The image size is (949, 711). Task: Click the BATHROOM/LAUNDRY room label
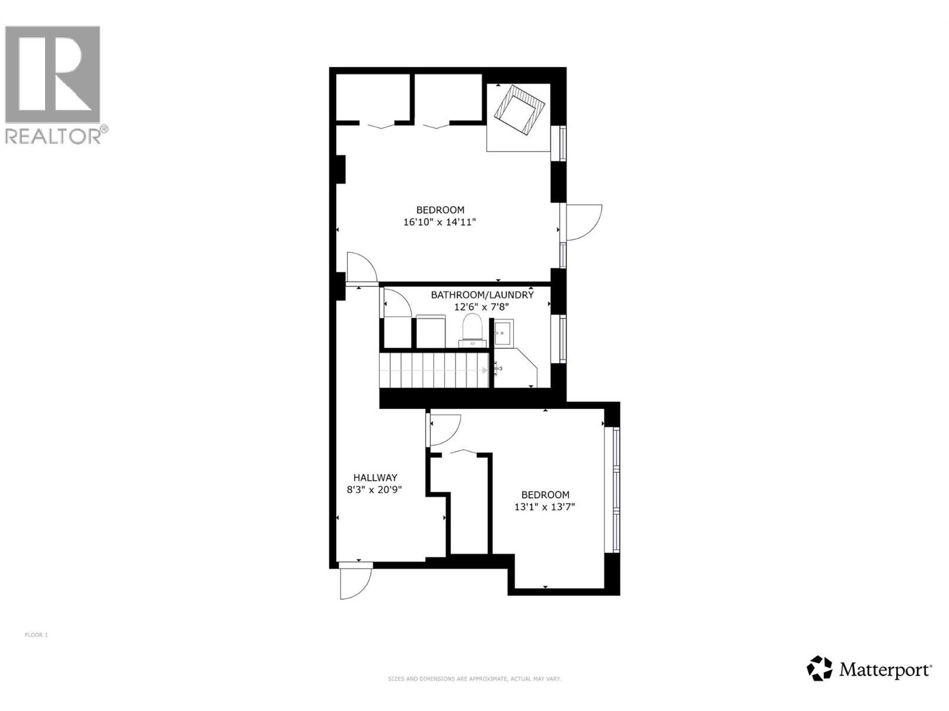(482, 294)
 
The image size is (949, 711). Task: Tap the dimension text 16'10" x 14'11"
(440, 223)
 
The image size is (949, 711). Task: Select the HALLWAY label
(375, 478)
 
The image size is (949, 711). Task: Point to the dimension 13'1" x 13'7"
(544, 507)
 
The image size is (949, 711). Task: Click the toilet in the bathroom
(473, 328)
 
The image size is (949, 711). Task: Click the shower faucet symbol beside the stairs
(498, 370)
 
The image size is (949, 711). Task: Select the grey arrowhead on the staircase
(485, 370)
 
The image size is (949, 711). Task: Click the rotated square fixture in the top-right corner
(520, 110)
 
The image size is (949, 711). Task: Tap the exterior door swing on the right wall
(582, 222)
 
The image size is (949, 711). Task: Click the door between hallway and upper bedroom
(361, 268)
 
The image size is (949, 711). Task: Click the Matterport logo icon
(819, 668)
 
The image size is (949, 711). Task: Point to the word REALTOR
(53, 136)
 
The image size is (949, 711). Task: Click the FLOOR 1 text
(36, 635)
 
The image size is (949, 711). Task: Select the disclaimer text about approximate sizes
(474, 679)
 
